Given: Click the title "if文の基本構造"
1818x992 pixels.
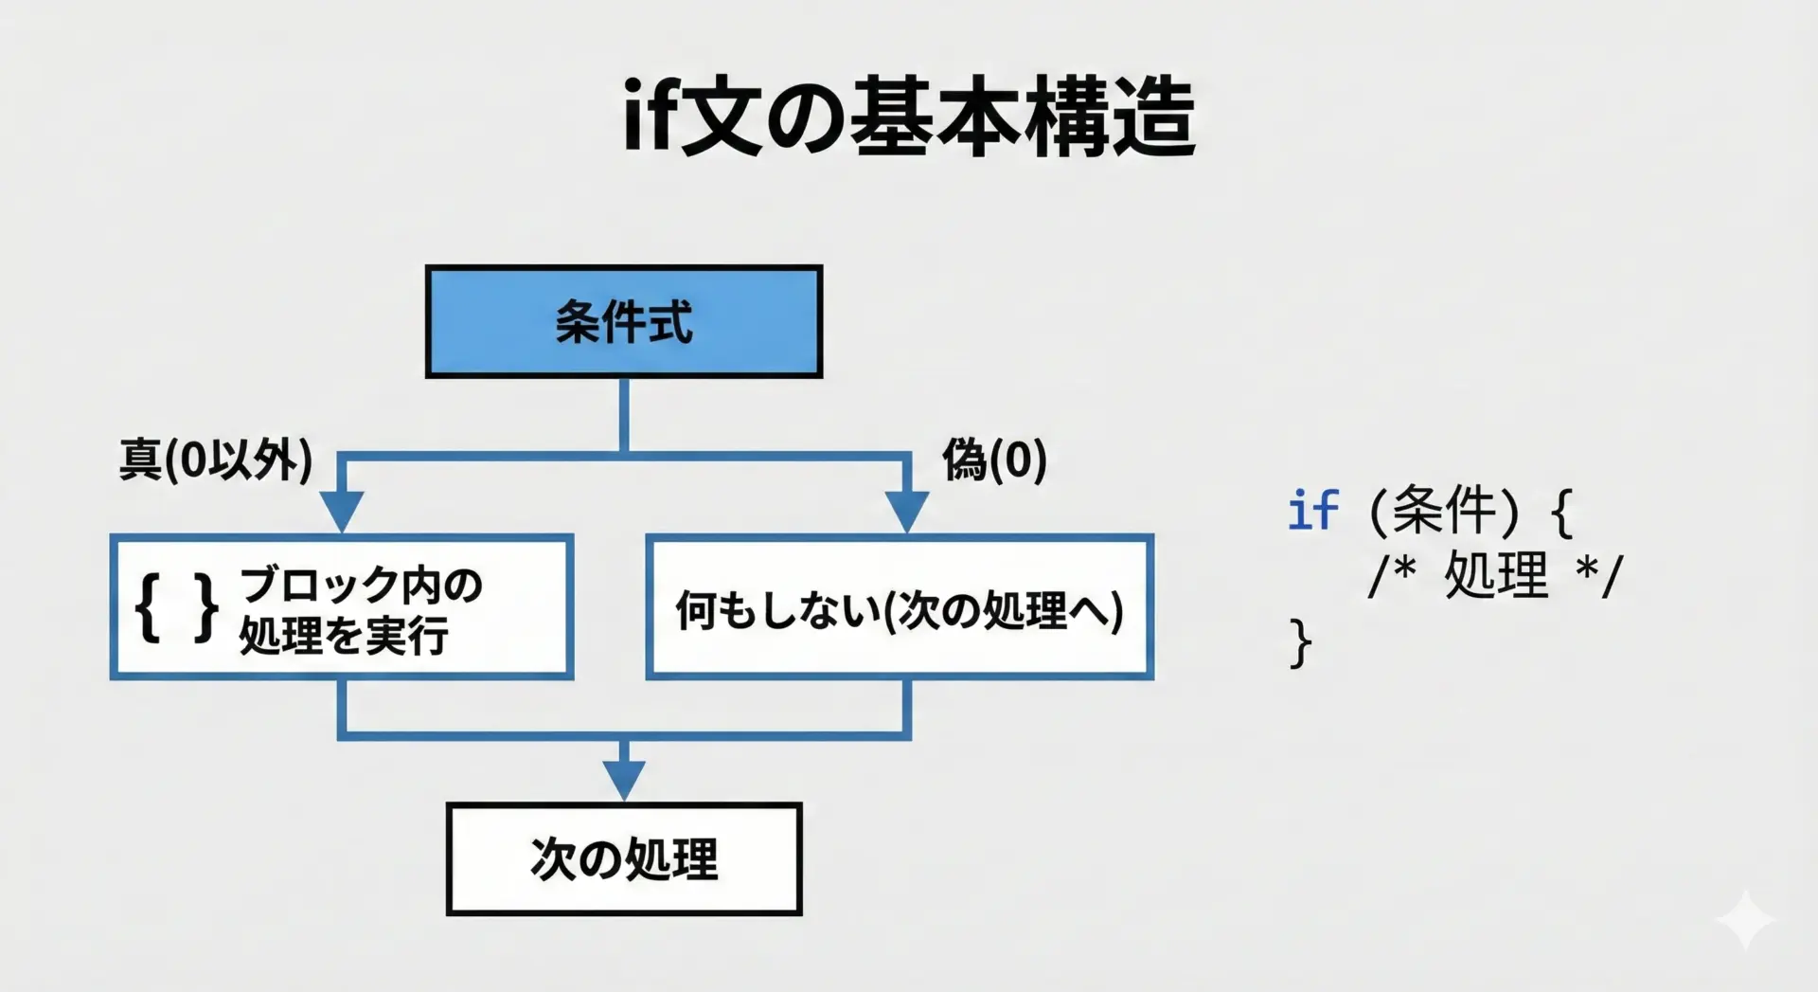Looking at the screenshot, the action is point(909,117).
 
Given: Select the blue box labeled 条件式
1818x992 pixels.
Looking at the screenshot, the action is point(624,322).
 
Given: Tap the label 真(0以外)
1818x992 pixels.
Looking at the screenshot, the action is point(216,460).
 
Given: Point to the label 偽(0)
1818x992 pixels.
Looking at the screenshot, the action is point(994,460).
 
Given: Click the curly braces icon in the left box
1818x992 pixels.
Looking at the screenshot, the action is point(177,608).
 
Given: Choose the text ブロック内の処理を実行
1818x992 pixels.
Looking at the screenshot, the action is point(361,610).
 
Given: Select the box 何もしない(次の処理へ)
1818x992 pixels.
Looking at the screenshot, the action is point(900,607).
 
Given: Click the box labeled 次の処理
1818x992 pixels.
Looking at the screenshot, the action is point(624,859).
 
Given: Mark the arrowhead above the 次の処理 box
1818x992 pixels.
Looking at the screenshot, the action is point(624,781).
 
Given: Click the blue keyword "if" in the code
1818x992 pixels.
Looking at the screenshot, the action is point(1313,511).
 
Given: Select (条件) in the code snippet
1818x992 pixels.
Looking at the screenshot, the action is point(1445,511).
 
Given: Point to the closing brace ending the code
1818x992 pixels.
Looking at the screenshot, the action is point(1301,643).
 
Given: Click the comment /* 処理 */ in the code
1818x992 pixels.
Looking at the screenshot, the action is point(1495,575).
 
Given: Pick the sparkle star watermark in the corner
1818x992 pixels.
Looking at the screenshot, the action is point(1745,919).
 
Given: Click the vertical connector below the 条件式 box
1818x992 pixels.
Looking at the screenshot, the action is point(624,415).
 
